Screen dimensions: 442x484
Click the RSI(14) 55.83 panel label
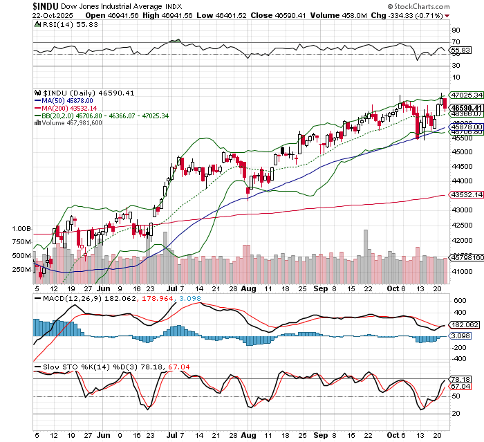pyautogui.click(x=64, y=24)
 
